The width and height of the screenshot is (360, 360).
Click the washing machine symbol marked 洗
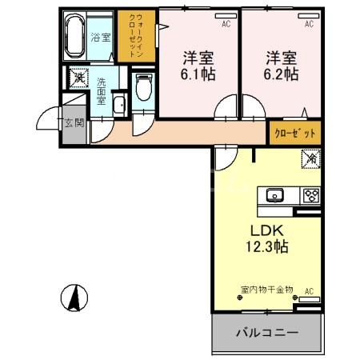pyautogui.click(x=78, y=78)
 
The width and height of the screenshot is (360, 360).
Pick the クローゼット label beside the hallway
pyautogui.click(x=295, y=133)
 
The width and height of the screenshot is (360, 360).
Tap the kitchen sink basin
pyautogui.click(x=274, y=194)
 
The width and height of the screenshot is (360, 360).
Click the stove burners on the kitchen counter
pyautogui.click(x=310, y=194)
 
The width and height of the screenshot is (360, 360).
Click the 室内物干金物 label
pyautogui.click(x=266, y=289)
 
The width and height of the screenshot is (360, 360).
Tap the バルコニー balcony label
pyautogui.click(x=266, y=332)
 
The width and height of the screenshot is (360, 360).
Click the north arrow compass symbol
pyautogui.click(x=73, y=298)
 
